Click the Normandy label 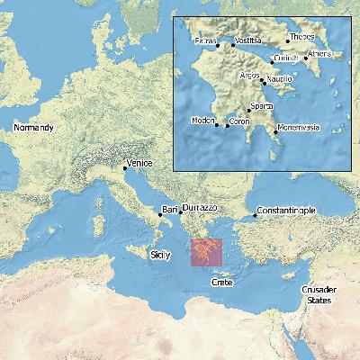(x=33, y=128)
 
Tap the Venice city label (x=139, y=164)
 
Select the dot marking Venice (x=124, y=167)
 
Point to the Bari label (x=169, y=209)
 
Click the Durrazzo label (x=202, y=206)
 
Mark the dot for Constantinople (x=255, y=214)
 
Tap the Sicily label (x=159, y=256)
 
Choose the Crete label (x=221, y=283)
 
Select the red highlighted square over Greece (x=205, y=252)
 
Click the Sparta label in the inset (x=262, y=106)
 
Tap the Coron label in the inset (x=239, y=121)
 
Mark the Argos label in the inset (x=250, y=76)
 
